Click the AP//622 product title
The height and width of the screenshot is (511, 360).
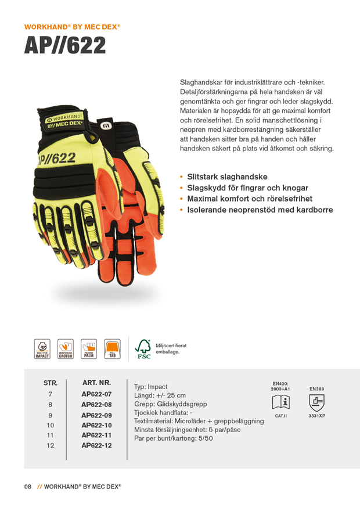[x=65, y=45]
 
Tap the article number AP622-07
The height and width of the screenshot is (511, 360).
[x=96, y=394]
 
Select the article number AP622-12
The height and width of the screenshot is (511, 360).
[x=96, y=445]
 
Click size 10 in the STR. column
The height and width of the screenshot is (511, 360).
[x=50, y=425]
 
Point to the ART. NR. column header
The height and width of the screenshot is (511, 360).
[x=96, y=383]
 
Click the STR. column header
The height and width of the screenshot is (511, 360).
[x=51, y=383]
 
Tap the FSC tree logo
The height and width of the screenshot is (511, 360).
[x=143, y=349]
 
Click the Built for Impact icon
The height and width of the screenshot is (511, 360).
[x=42, y=349]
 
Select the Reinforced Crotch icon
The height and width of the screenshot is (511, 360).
[x=65, y=349]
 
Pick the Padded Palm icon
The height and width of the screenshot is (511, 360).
[x=89, y=349]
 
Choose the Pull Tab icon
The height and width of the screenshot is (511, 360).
[x=112, y=349]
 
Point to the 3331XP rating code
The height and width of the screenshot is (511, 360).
[x=316, y=416]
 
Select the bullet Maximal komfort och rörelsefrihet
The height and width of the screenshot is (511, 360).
[x=249, y=199]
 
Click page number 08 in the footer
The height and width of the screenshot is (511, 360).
[x=27, y=487]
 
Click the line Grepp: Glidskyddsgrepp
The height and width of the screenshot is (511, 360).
[x=170, y=404]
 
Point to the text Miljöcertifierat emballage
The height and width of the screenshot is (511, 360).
[x=171, y=348]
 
